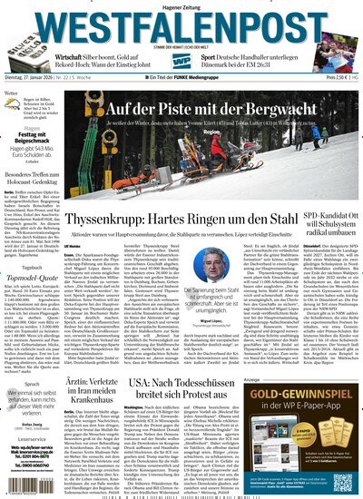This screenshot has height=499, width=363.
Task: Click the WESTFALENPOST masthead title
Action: coord(181,26)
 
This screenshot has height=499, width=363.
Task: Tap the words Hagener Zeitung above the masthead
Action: coord(181,6)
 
